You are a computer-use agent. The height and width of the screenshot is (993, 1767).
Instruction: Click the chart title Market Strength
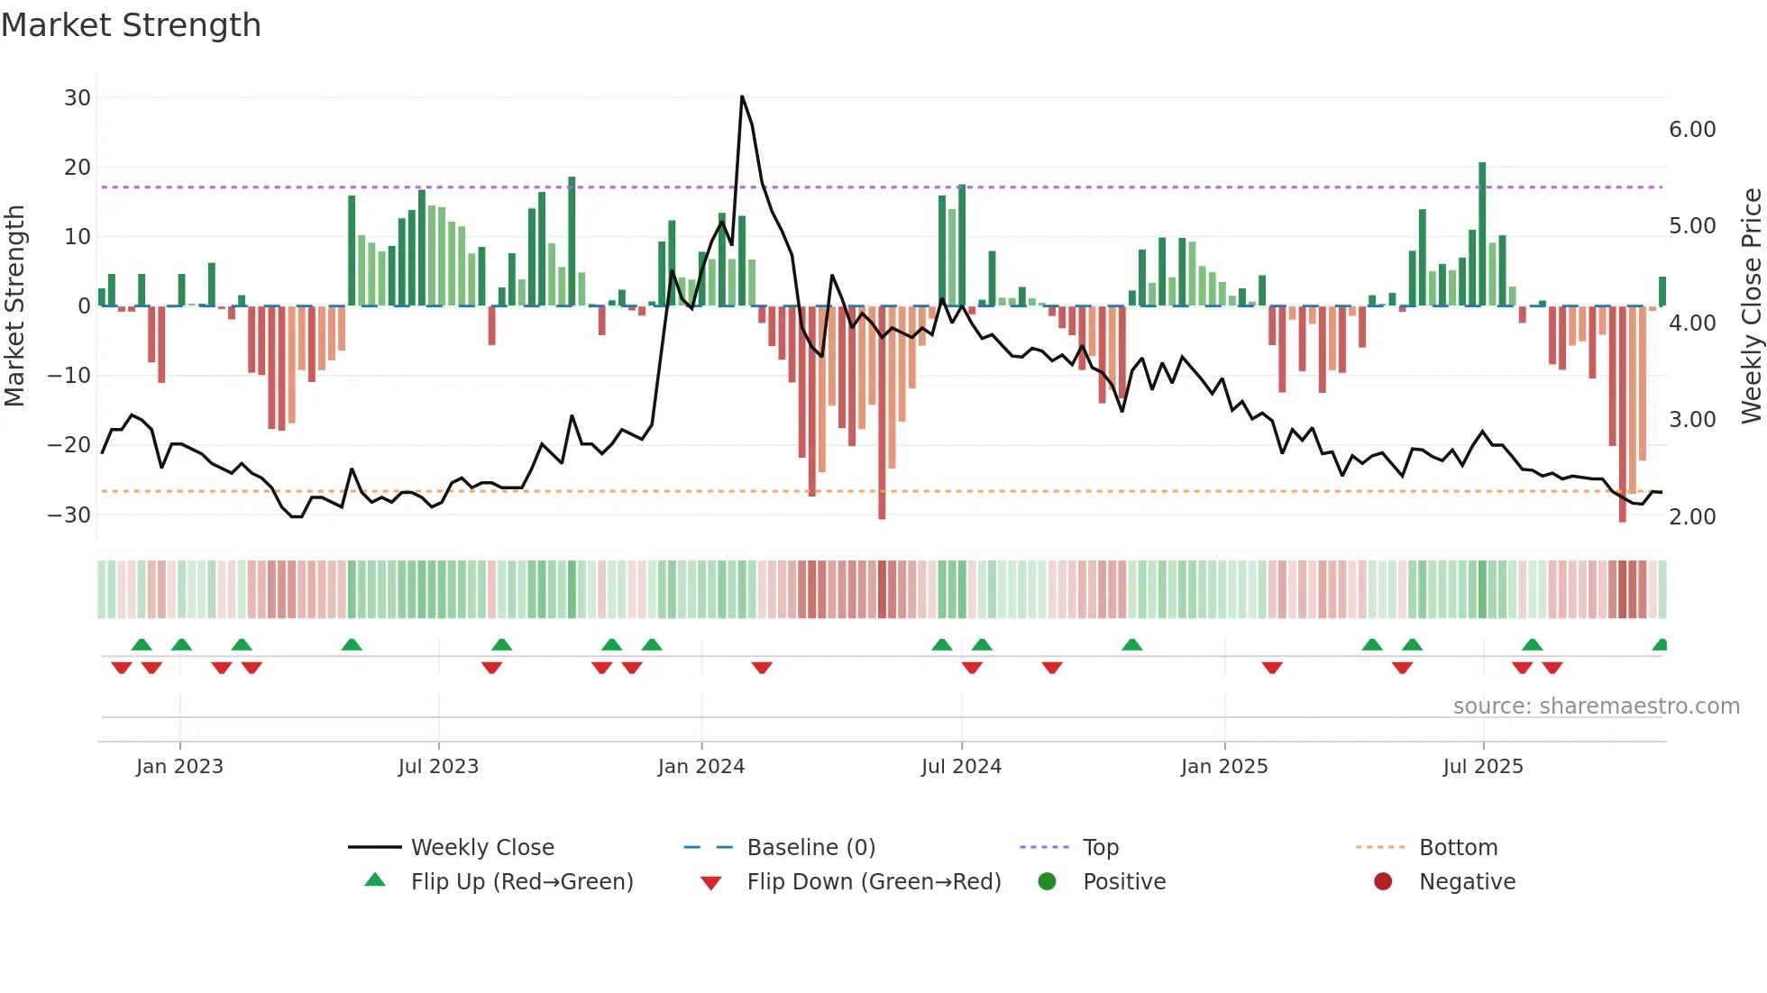click(131, 25)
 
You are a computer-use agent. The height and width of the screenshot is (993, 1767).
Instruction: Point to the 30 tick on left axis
click(78, 97)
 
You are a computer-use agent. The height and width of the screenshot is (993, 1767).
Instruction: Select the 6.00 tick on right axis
click(1692, 130)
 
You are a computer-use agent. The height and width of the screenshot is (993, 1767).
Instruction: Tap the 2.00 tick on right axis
click(1692, 517)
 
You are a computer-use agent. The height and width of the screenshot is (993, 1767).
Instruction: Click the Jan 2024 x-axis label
click(701, 767)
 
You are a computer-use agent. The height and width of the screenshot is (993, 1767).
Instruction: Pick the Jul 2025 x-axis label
click(1483, 767)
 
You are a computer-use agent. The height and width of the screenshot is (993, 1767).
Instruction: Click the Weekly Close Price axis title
click(1751, 305)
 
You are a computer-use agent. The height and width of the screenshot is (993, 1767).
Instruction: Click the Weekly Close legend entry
click(482, 848)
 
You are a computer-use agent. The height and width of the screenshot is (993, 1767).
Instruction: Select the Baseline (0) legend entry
click(810, 848)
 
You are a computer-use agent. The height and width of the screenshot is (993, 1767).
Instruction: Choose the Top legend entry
click(1100, 848)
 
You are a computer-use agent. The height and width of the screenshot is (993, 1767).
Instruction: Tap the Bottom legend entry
click(1458, 848)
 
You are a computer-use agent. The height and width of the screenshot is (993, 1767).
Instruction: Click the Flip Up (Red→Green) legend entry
click(522, 882)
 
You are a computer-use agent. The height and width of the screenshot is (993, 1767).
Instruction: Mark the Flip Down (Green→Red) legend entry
click(874, 882)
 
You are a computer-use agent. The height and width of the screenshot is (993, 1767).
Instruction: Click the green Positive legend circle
click(1047, 882)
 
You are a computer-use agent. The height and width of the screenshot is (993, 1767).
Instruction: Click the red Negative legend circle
click(1383, 882)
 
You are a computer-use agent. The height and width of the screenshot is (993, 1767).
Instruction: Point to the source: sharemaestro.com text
click(1596, 706)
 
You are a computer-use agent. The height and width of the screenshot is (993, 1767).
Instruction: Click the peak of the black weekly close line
click(742, 96)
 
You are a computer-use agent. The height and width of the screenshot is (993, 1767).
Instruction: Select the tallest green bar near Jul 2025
click(1482, 234)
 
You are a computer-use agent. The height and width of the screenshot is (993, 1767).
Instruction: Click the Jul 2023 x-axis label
click(438, 767)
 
